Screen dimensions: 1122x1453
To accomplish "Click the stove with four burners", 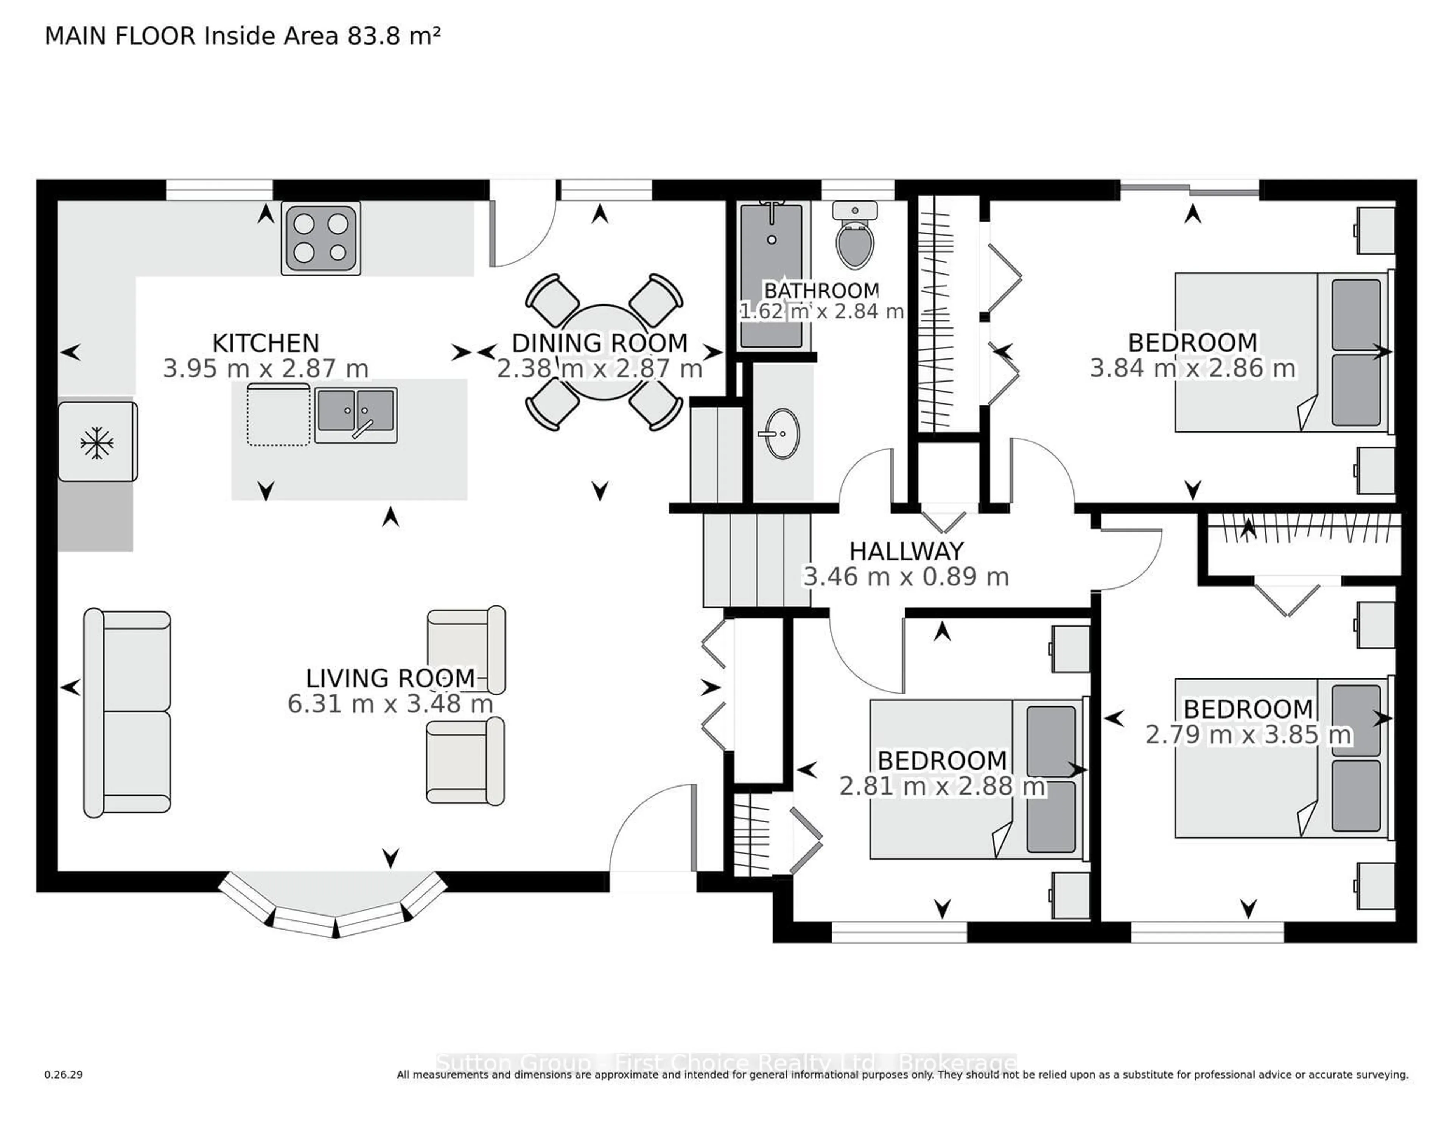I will (x=320, y=238).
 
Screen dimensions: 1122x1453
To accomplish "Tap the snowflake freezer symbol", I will (x=97, y=442).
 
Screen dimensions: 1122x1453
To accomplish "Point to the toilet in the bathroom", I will (x=855, y=239).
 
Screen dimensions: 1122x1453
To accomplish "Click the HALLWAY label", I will (x=906, y=551).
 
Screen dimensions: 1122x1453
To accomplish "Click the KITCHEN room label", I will (x=266, y=343).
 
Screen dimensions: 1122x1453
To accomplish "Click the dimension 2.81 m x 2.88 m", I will (x=941, y=787).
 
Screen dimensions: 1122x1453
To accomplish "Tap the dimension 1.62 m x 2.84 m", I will (x=821, y=311).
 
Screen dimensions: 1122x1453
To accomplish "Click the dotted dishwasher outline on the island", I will (x=278, y=414).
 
